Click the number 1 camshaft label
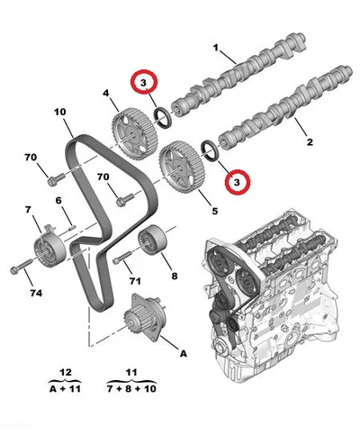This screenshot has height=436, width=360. pyautogui.click(x=216, y=48)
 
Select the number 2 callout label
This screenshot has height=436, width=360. pyautogui.click(x=310, y=141)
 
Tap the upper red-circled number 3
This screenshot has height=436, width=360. pyautogui.click(x=144, y=82)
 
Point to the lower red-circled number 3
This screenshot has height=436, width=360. pyautogui.click(x=237, y=182)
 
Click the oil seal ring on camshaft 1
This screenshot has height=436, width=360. pyautogui.click(x=163, y=118)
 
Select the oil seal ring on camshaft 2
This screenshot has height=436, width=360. pyautogui.click(x=211, y=151)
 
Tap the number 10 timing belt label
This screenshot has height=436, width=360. pyautogui.click(x=60, y=112)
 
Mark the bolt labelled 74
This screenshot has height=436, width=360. pyautogui.click(x=21, y=267)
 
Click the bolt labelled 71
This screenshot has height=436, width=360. pyautogui.click(x=123, y=258)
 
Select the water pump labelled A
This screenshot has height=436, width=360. pyautogui.click(x=145, y=318)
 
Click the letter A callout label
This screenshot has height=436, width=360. pyautogui.click(x=184, y=353)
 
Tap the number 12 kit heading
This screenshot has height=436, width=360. pyautogui.click(x=66, y=373)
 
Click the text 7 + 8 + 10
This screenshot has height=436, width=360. pyautogui.click(x=131, y=389)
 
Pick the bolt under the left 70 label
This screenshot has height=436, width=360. pyautogui.click(x=56, y=179)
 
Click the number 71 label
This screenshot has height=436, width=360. pyautogui.click(x=135, y=281)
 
